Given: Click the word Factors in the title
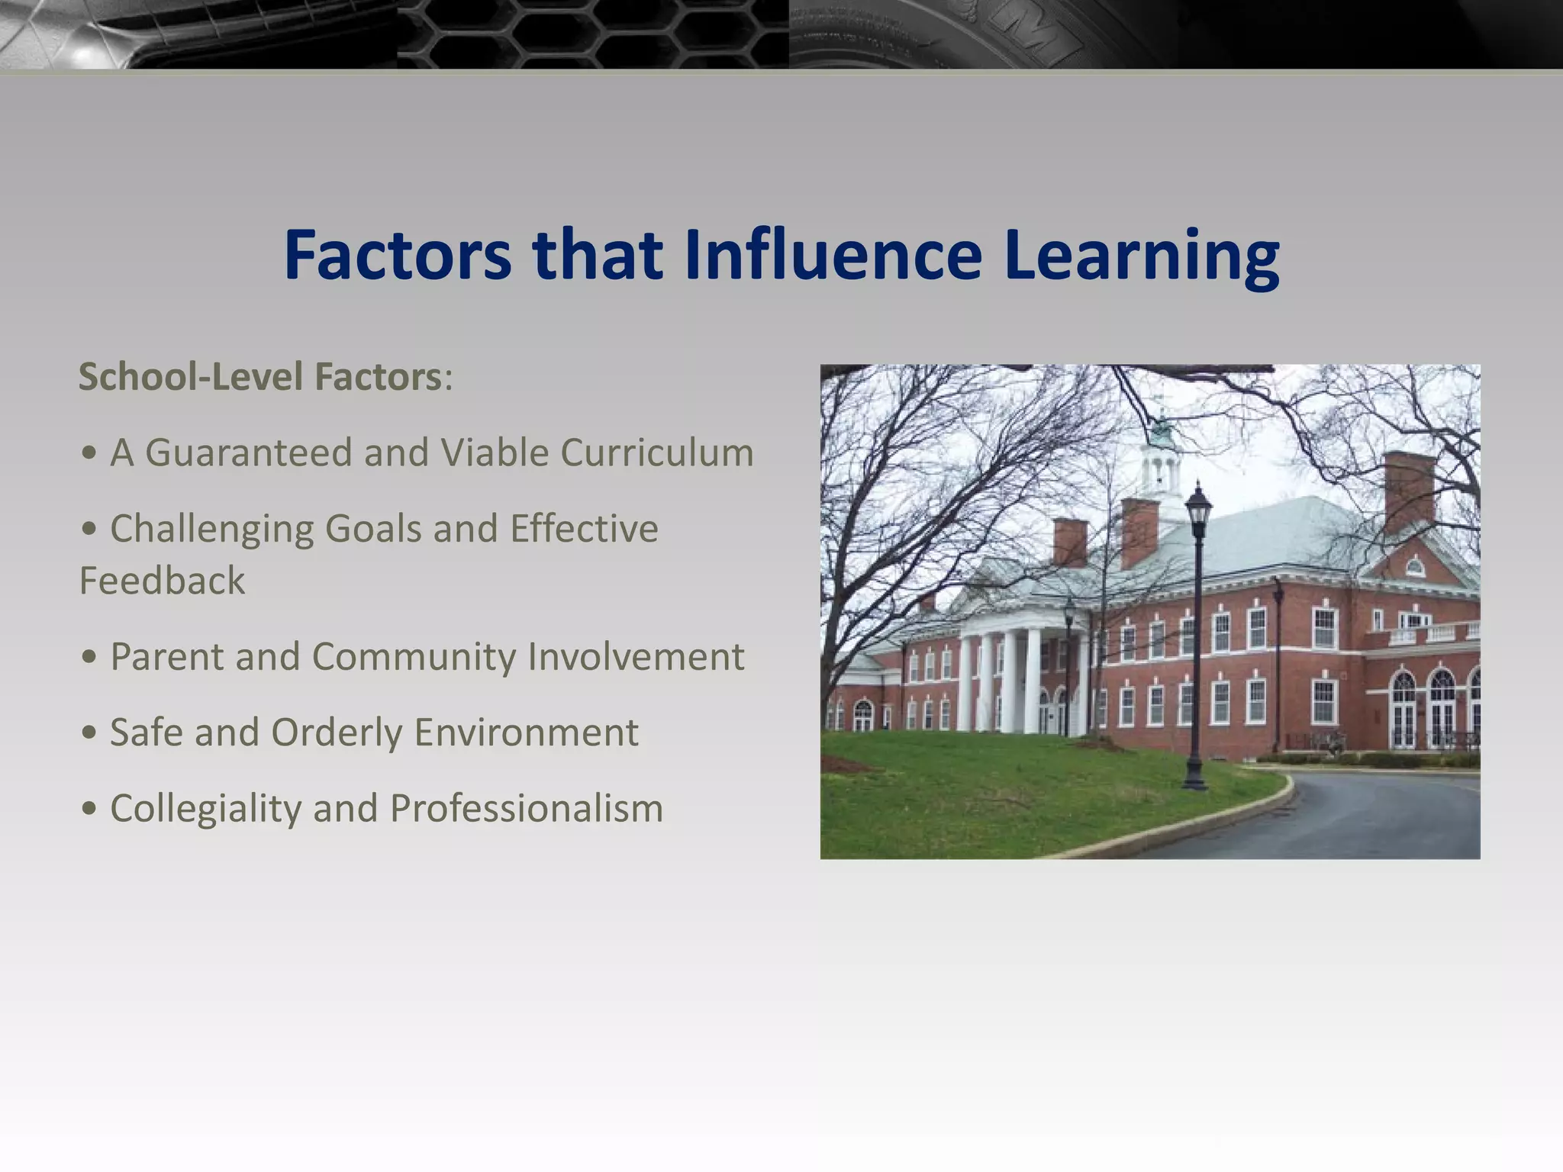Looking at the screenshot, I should (x=397, y=256).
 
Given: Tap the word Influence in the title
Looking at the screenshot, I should (x=833, y=256).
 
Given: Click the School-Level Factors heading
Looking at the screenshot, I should (x=260, y=377).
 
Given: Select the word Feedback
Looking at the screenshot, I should (x=162, y=581).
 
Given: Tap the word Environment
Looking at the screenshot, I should (x=526, y=733).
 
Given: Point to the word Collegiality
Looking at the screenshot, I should (x=205, y=809).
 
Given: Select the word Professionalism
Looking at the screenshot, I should (x=526, y=809).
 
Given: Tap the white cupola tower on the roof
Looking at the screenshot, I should (x=1161, y=462).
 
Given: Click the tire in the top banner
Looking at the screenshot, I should (x=954, y=34).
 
